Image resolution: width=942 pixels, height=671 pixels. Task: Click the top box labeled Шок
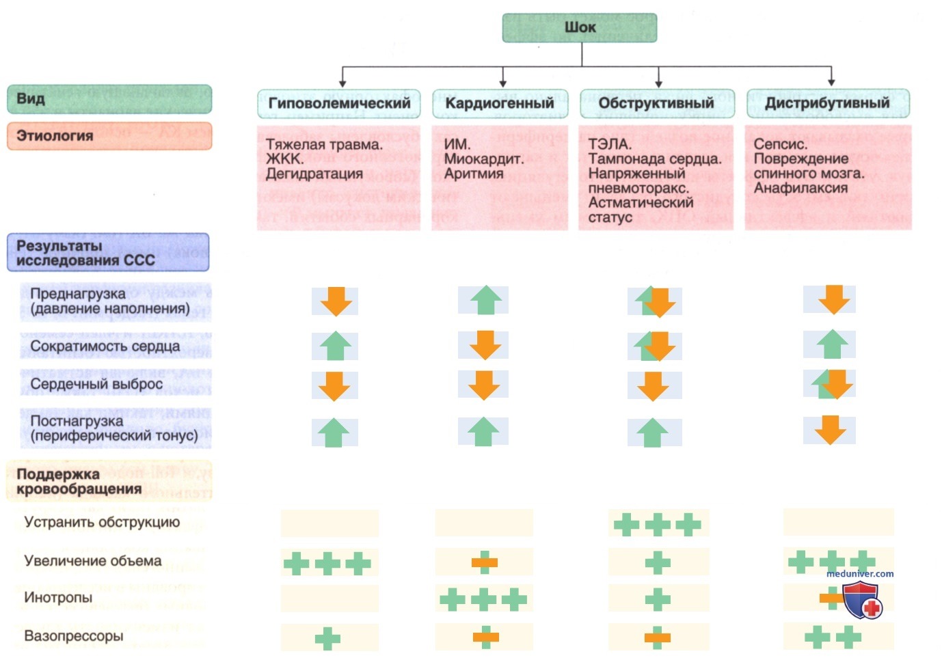580,28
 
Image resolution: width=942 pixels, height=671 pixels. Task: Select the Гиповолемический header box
339,103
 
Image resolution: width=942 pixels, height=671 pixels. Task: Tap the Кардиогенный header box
500,103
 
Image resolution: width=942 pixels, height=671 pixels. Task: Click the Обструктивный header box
658,103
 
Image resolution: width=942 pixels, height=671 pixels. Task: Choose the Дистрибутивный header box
828,103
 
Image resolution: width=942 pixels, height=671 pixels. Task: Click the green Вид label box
109,99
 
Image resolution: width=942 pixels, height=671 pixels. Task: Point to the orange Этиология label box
109,136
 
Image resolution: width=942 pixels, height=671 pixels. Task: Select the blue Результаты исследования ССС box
108,252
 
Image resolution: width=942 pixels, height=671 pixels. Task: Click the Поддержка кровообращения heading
79,482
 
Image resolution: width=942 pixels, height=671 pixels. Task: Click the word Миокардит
484,159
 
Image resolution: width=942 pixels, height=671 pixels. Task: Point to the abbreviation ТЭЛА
610,144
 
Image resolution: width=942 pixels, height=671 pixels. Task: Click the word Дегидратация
314,174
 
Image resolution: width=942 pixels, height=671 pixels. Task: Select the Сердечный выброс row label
96,384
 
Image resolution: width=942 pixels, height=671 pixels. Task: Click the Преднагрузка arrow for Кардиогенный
486,300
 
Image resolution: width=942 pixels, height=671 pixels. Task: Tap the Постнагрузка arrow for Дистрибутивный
830,430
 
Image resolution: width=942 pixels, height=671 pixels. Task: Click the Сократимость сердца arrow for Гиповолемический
335,346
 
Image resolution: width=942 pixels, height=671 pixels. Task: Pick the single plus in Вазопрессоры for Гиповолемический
327,639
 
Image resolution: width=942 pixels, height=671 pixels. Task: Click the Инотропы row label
58,597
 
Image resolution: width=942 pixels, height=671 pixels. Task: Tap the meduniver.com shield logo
862,600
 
